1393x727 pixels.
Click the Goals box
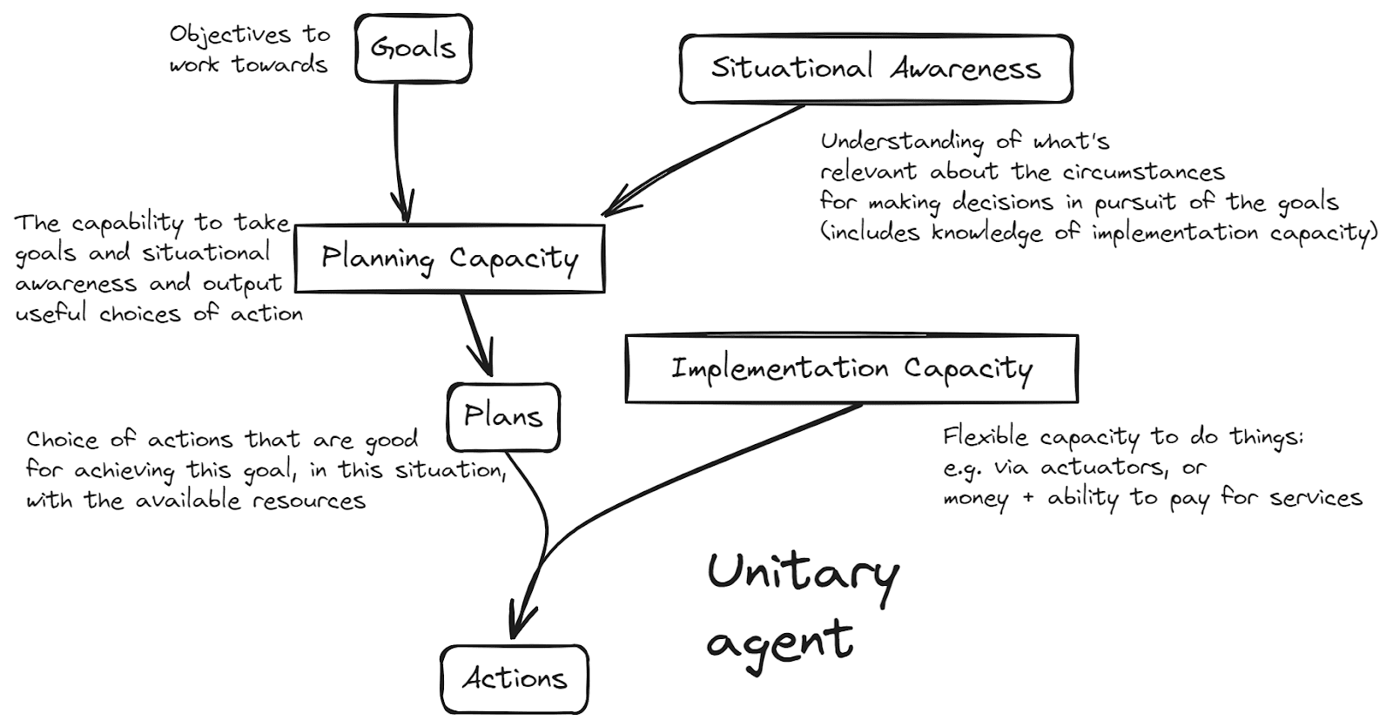tap(413, 48)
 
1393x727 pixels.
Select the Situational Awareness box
tap(875, 69)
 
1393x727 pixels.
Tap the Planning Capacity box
tap(449, 259)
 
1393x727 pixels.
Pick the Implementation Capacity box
tap(851, 368)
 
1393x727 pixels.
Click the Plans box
tap(503, 416)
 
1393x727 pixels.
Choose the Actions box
tap(514, 678)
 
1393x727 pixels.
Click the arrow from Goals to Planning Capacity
tap(398, 148)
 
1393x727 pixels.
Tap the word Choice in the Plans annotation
tap(68, 439)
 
